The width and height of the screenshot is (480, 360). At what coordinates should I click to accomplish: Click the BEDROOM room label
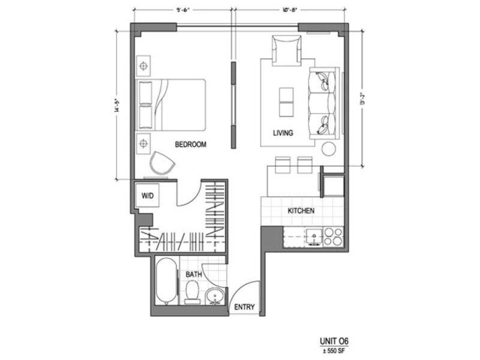[190, 145]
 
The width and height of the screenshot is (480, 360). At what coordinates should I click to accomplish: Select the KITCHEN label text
[301, 211]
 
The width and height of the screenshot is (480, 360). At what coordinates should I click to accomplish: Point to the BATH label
[193, 275]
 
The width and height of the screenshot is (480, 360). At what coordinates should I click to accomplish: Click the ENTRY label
[244, 307]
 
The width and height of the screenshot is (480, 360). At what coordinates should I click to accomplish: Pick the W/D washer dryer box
[147, 196]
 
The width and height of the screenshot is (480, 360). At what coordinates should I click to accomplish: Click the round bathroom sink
[215, 296]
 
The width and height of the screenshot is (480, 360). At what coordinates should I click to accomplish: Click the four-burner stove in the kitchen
[334, 238]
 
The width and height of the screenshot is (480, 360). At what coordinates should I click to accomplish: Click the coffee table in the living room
[286, 101]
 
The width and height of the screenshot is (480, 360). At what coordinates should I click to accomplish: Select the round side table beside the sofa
[330, 148]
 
